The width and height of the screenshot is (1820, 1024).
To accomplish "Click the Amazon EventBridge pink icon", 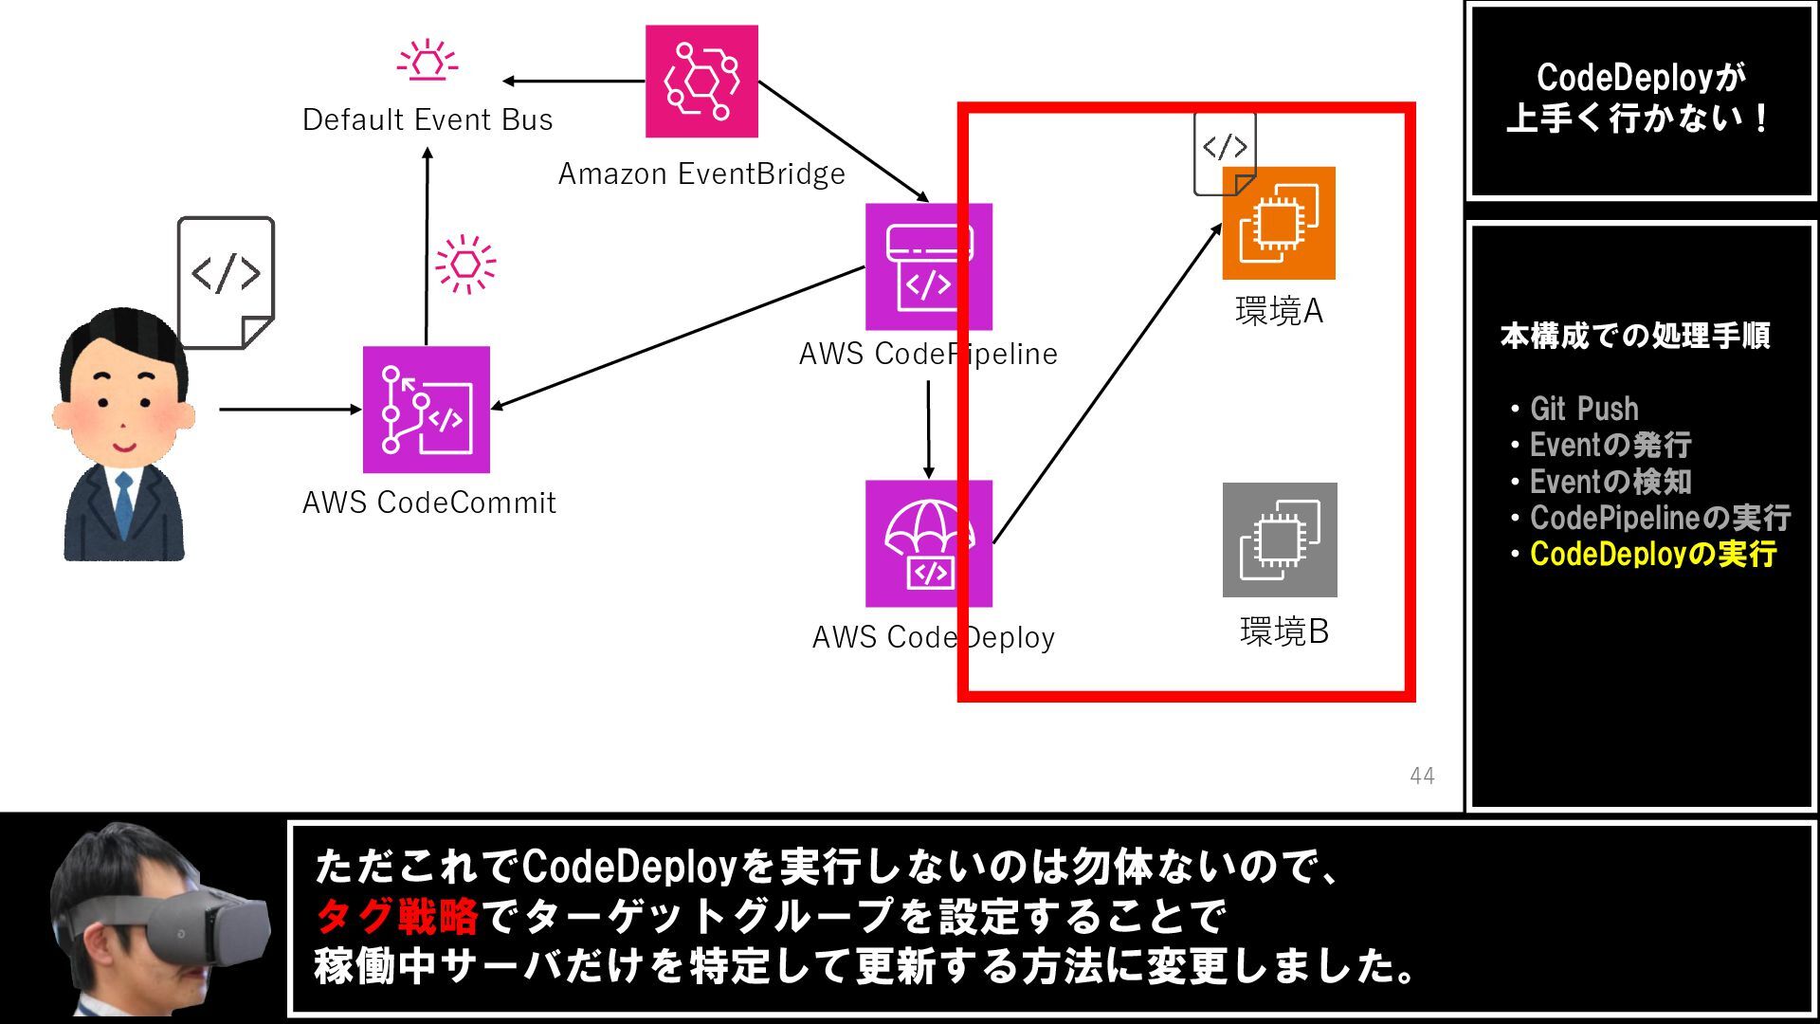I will [x=701, y=82].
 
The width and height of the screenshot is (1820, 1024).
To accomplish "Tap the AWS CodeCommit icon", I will [x=427, y=410].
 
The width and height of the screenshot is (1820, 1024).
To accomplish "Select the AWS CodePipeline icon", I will [x=928, y=266].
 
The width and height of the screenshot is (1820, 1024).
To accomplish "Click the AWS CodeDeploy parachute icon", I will [x=928, y=543].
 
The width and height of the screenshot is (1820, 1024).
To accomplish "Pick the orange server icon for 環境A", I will [x=1279, y=224].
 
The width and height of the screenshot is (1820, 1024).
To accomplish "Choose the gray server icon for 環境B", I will [x=1280, y=539].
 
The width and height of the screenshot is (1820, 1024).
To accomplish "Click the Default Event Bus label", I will [x=428, y=120].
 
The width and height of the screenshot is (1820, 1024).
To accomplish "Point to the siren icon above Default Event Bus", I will [x=428, y=59].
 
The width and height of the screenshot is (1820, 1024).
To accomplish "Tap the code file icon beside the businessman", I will [x=226, y=282].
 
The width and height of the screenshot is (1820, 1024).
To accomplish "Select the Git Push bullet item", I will [x=1583, y=409].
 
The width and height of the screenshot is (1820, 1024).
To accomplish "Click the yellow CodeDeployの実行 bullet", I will [x=1652, y=554].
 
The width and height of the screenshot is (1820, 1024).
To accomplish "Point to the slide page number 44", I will [x=1422, y=776].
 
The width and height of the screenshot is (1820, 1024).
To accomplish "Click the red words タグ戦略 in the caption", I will [x=397, y=916].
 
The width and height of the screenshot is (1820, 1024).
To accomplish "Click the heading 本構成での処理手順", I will [x=1635, y=336].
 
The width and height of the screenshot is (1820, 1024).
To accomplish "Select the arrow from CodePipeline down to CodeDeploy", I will [x=928, y=430].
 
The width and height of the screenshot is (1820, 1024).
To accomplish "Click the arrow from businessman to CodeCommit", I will [x=289, y=410].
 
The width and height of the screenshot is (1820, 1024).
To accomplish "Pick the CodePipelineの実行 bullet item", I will [x=1660, y=518].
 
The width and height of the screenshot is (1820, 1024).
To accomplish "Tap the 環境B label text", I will [x=1284, y=631].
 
